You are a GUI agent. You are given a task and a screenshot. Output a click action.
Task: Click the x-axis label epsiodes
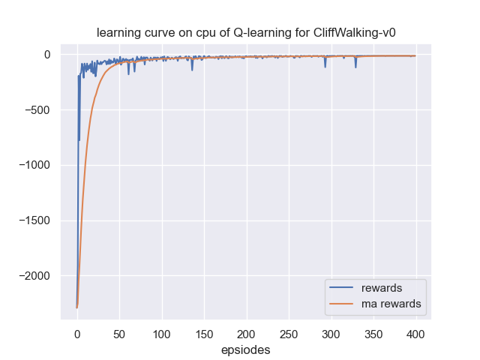click(246, 350)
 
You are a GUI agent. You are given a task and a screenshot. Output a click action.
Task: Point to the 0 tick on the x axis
click(77, 333)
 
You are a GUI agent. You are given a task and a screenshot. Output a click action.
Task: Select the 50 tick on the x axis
click(119, 333)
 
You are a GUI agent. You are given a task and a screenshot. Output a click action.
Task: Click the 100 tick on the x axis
click(162, 333)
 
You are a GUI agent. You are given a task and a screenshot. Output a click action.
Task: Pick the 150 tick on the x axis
click(204, 333)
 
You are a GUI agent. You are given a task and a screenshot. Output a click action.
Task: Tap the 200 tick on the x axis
click(247, 333)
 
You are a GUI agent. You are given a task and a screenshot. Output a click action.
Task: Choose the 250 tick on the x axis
click(289, 333)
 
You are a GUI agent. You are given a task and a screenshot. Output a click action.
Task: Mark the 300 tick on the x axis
click(331, 333)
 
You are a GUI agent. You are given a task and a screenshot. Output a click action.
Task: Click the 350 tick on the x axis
click(373, 333)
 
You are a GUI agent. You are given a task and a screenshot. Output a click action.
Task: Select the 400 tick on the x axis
click(416, 333)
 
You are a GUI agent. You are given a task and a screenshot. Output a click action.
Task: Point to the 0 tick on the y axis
click(46, 55)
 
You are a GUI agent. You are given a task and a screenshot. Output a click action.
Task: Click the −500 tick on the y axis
click(36, 110)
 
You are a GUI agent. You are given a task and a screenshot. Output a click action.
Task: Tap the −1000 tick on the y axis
click(33, 166)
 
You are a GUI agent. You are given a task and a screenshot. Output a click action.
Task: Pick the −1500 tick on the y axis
click(33, 221)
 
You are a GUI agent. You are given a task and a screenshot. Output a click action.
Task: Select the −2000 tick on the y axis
click(33, 276)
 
